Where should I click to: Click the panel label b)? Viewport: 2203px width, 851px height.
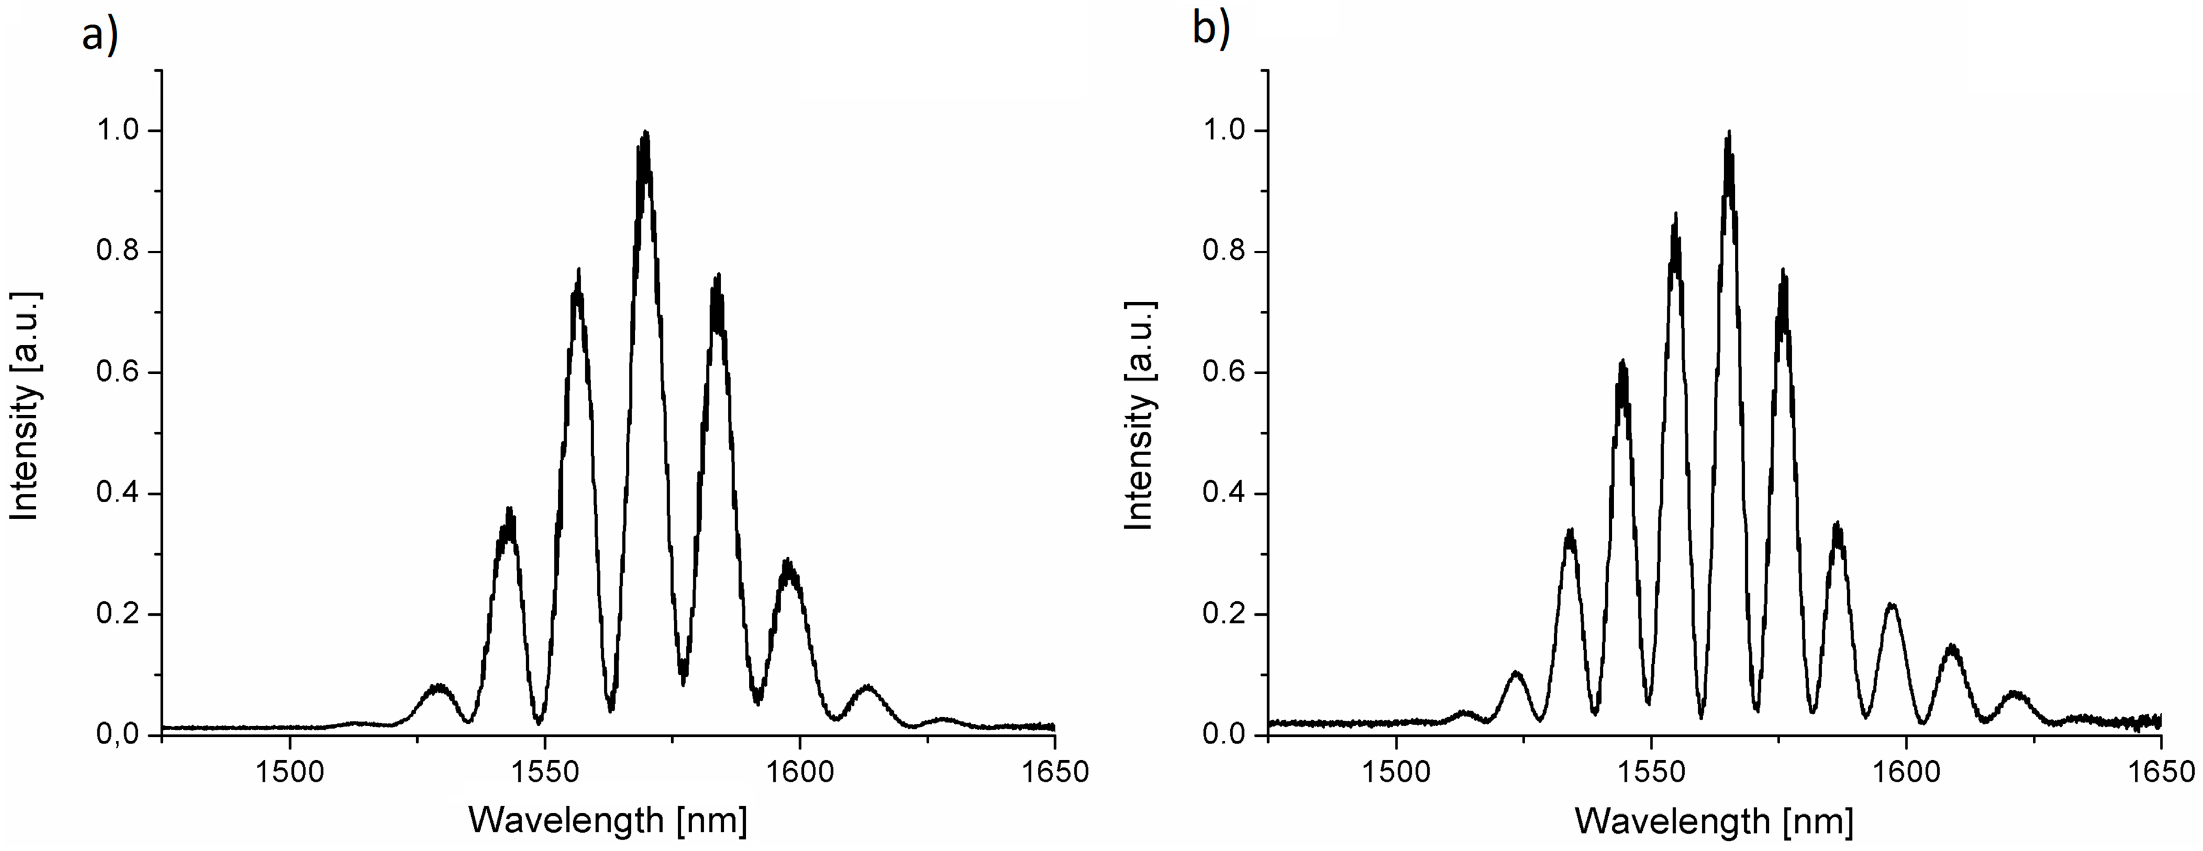[x=1211, y=29]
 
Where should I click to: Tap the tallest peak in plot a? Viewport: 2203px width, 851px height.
[x=646, y=133]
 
